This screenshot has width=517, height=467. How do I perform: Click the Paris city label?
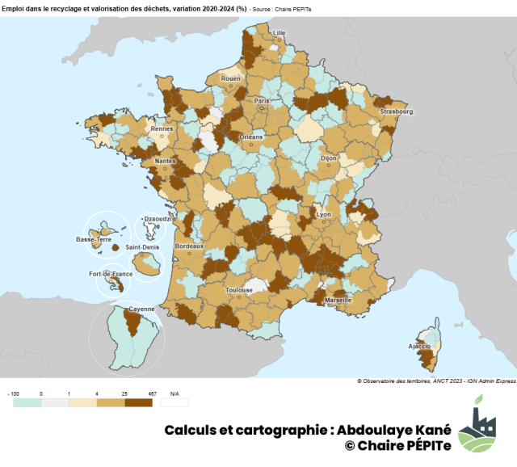tap(261, 101)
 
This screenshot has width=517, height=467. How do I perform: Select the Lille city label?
tap(280, 33)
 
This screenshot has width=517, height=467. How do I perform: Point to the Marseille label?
tap(338, 300)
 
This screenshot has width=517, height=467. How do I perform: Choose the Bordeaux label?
tap(190, 246)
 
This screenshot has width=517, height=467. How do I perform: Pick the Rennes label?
tap(162, 128)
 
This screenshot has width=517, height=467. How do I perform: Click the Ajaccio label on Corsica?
tap(419, 346)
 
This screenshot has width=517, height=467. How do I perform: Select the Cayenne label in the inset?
tap(130, 309)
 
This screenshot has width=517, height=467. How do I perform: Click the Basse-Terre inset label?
tap(94, 240)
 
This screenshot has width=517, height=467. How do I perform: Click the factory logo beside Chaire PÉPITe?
tap(477, 430)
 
